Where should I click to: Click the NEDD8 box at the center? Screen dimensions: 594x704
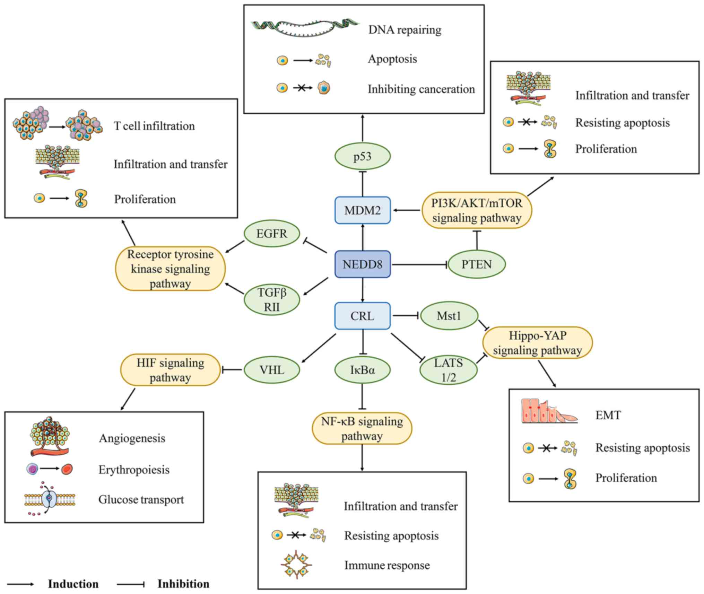[363, 264]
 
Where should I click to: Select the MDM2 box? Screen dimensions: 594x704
[363, 210]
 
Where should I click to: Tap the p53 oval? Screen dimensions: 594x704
[363, 156]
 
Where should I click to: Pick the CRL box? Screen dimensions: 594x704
[363, 316]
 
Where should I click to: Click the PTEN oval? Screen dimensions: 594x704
[477, 264]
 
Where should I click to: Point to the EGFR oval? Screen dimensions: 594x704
[272, 234]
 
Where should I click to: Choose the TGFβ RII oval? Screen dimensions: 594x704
[272, 300]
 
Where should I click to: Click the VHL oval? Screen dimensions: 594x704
[272, 370]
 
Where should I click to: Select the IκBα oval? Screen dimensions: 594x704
[363, 370]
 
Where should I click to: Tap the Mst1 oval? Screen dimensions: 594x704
[449, 316]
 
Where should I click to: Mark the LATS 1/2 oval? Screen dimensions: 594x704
[449, 370]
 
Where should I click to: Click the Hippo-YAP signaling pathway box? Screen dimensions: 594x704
[538, 342]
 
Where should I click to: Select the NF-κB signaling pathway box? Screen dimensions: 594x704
[362, 428]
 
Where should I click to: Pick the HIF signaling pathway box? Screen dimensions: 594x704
[170, 370]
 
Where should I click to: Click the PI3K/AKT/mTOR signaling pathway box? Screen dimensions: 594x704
[477, 210]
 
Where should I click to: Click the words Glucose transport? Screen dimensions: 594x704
[141, 499]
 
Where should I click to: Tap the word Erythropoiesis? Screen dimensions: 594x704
[134, 470]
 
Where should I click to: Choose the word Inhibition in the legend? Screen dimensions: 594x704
[183, 584]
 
